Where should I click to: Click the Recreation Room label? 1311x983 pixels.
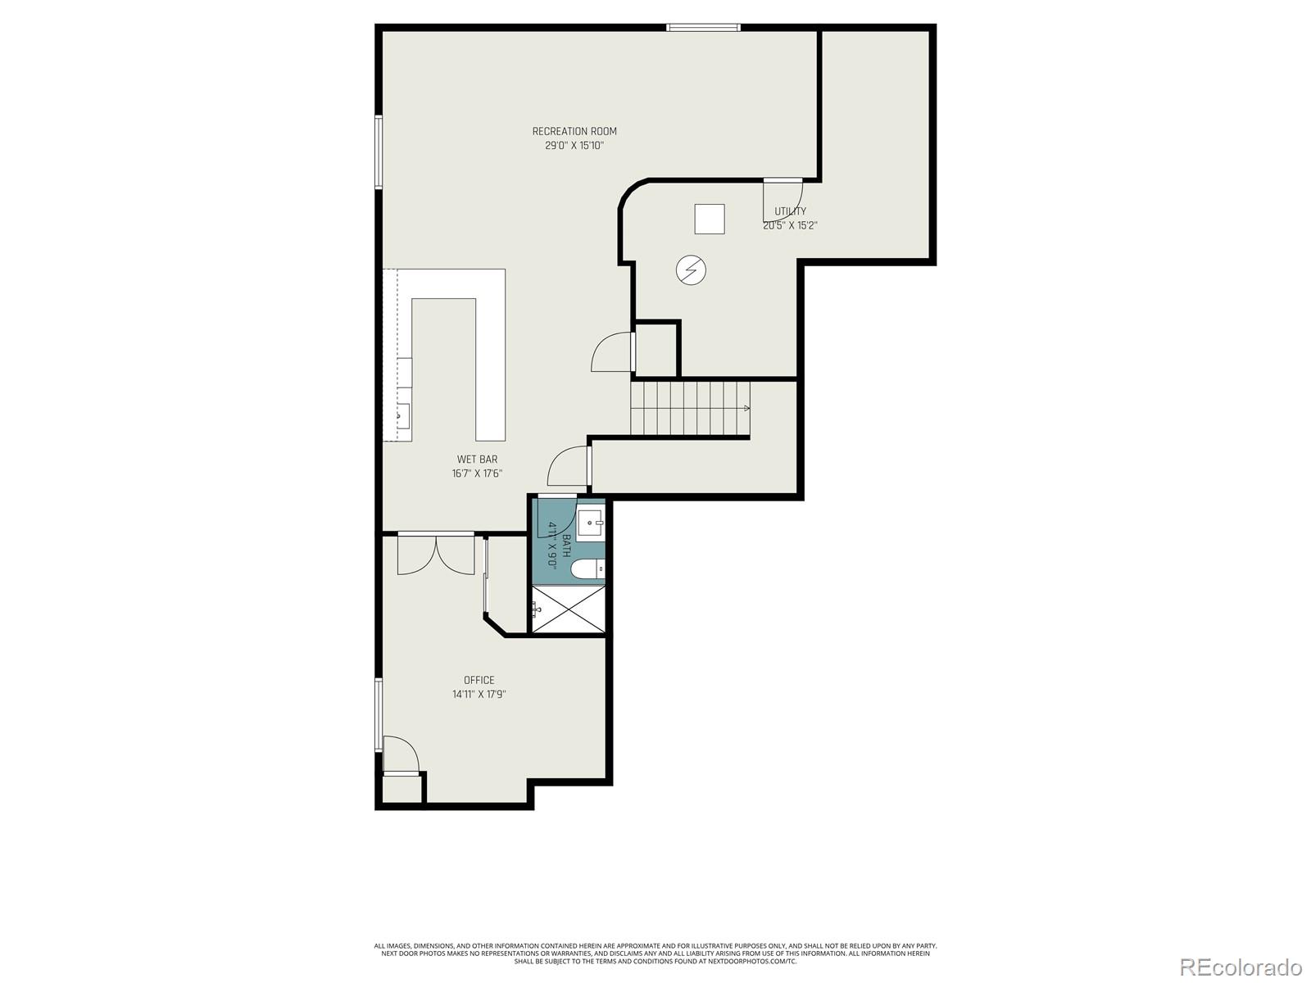click(x=574, y=131)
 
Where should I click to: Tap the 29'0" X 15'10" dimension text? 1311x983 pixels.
click(x=574, y=146)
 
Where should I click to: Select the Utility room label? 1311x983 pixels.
click(x=791, y=211)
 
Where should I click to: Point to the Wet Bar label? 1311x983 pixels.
click(x=477, y=460)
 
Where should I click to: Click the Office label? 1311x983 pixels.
click(x=479, y=680)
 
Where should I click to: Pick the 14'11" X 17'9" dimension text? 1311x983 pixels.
click(x=479, y=695)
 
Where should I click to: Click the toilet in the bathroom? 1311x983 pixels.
click(x=587, y=569)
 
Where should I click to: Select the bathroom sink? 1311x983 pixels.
click(x=590, y=523)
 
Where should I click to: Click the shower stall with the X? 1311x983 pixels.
click(x=569, y=609)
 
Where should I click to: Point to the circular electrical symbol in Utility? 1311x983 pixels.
click(x=691, y=269)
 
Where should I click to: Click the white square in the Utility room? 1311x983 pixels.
click(x=710, y=219)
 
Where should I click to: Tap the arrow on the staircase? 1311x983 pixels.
click(x=746, y=408)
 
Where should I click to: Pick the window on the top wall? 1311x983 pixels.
click(x=704, y=28)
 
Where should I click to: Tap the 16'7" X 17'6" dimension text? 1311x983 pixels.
click(x=477, y=473)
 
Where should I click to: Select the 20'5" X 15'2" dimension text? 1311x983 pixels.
click(x=791, y=225)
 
